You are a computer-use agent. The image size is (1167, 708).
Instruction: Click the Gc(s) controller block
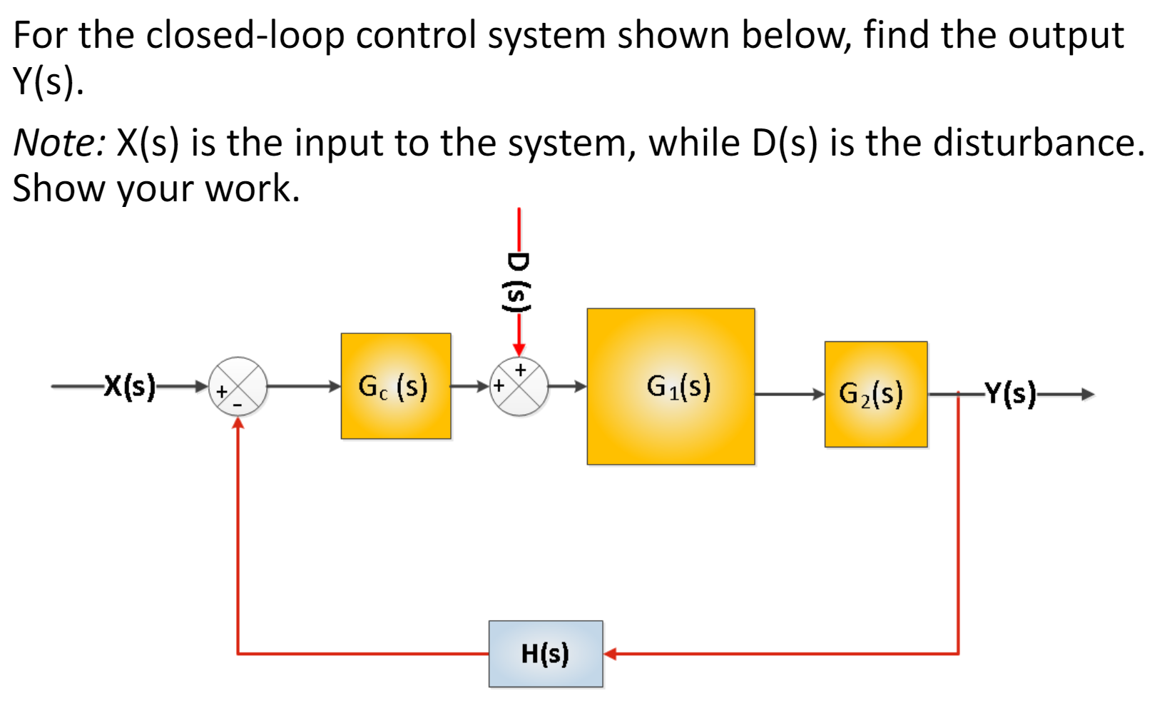(x=395, y=386)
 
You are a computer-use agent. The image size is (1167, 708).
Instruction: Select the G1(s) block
(x=671, y=386)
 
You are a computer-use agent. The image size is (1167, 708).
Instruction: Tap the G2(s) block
(x=875, y=394)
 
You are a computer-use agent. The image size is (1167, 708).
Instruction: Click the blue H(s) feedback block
(x=546, y=654)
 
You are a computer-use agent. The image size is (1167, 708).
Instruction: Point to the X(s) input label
(x=129, y=386)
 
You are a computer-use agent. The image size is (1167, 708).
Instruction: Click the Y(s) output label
(x=1009, y=393)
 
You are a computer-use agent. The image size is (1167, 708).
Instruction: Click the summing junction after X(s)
(x=238, y=386)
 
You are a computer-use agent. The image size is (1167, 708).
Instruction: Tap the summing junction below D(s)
(x=519, y=386)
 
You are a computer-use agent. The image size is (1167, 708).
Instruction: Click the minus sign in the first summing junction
(x=238, y=405)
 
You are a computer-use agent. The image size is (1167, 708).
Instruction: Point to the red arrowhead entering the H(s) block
(x=611, y=654)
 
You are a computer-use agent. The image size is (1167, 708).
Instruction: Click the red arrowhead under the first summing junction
(x=238, y=423)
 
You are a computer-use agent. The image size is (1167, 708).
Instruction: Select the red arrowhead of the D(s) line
(x=519, y=349)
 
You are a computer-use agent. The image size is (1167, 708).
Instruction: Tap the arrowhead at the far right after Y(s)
(x=1087, y=394)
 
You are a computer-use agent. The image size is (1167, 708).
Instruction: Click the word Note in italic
(x=58, y=142)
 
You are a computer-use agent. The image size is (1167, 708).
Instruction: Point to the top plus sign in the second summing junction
(x=520, y=370)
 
